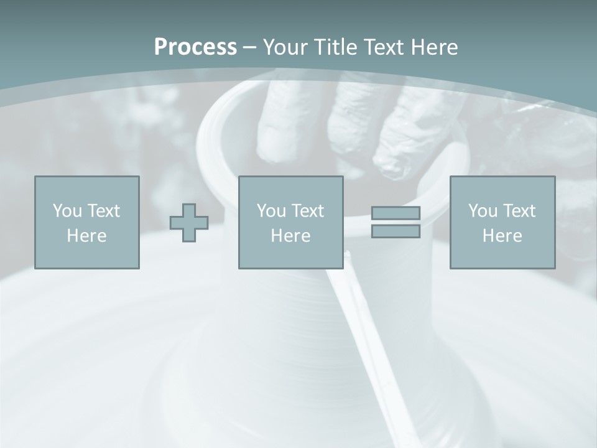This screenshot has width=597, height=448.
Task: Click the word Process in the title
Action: [x=195, y=47]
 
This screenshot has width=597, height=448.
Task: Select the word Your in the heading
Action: [x=285, y=47]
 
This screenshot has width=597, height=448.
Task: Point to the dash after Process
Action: [x=249, y=48]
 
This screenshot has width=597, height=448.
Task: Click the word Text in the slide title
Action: [x=384, y=47]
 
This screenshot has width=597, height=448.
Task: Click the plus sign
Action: [x=189, y=223]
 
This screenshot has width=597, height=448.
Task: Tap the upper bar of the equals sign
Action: [x=396, y=213]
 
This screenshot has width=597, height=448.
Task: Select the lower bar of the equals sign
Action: [x=396, y=231]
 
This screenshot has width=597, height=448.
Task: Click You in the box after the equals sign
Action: [x=483, y=211]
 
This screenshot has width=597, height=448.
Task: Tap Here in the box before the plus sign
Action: [x=87, y=236]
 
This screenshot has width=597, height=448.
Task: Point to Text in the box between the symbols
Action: [x=307, y=211]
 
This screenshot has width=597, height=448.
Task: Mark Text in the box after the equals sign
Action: [x=519, y=211]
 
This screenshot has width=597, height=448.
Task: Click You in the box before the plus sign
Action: [x=67, y=211]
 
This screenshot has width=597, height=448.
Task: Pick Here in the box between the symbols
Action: [x=291, y=236]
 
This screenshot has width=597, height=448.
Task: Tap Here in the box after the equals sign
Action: [x=502, y=236]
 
